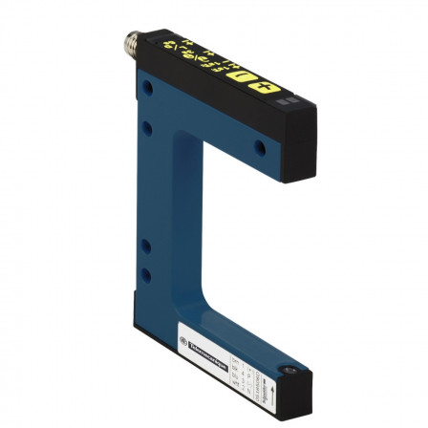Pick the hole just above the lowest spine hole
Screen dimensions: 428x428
pos(145,246)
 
